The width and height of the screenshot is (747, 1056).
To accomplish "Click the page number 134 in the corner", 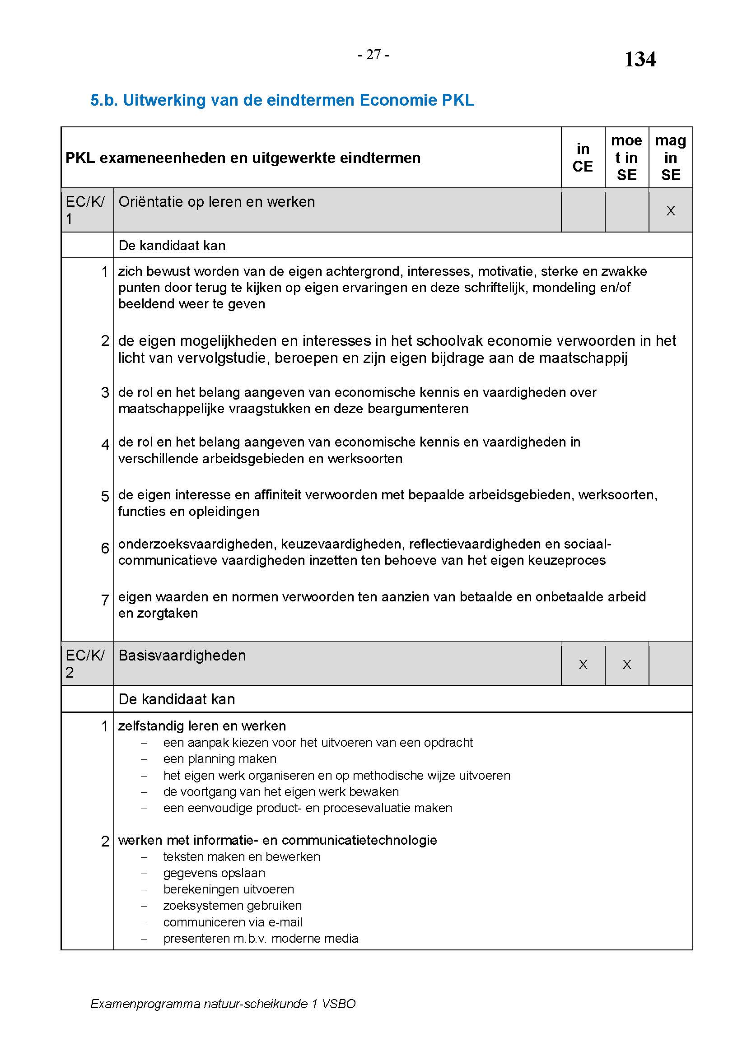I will click(x=640, y=59).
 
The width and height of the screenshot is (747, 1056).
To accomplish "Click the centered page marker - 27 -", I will click(x=373, y=55).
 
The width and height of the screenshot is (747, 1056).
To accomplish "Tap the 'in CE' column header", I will click(x=582, y=157).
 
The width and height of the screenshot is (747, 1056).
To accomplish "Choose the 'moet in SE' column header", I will click(x=626, y=157).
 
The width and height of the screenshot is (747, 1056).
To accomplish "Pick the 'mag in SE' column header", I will click(x=670, y=157).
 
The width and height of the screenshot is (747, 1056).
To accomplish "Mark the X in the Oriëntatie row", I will click(x=671, y=211).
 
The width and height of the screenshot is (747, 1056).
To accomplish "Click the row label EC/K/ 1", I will click(x=85, y=210).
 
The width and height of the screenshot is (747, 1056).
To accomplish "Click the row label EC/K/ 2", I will click(x=85, y=664).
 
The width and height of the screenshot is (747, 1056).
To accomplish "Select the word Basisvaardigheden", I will click(x=182, y=656).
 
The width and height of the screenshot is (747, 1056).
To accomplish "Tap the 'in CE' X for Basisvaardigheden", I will click(x=583, y=665).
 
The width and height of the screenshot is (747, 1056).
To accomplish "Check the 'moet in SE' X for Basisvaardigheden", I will click(x=626, y=665).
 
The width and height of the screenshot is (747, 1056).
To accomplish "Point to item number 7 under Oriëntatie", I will click(x=105, y=600).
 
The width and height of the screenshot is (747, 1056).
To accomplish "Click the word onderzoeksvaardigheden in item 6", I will click(x=197, y=544).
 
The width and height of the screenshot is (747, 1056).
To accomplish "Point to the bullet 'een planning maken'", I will click(x=219, y=759).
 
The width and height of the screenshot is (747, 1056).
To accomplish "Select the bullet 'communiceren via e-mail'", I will click(x=233, y=922).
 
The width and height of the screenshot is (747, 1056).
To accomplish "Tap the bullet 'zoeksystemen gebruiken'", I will click(x=232, y=906).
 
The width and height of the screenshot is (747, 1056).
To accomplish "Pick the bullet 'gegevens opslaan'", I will click(x=214, y=873).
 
